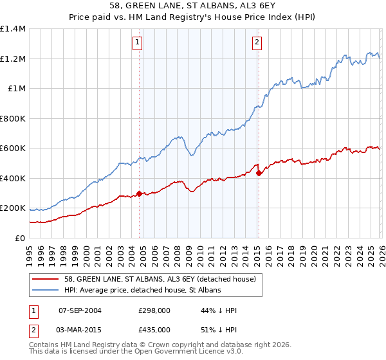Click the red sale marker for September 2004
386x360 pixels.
[x=139, y=193]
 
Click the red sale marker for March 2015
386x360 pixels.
[x=258, y=173]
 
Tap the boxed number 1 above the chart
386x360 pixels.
[x=138, y=43]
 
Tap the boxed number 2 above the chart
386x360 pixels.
[x=257, y=43]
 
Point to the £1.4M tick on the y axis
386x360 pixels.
[x=13, y=29]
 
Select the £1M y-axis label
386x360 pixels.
[x=16, y=89]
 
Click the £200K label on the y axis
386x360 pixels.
[x=13, y=208]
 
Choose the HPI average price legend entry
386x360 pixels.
[x=142, y=291]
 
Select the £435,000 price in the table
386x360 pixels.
[x=153, y=329]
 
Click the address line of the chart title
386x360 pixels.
[x=193, y=6]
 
